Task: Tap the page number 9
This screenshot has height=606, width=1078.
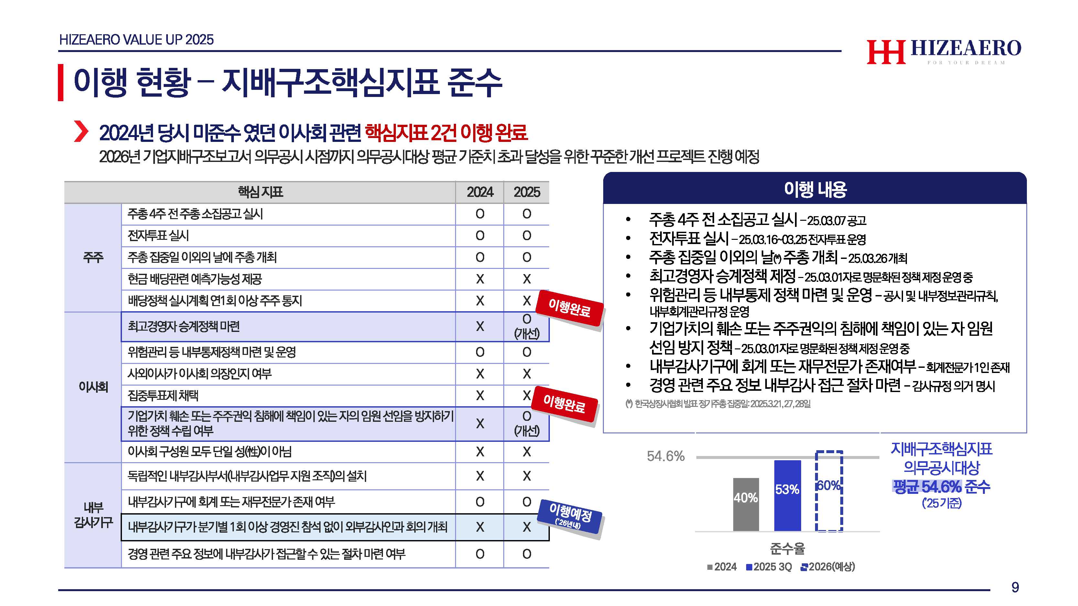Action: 1015,587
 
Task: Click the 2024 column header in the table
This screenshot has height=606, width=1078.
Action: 480,192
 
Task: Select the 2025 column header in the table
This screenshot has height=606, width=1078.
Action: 527,192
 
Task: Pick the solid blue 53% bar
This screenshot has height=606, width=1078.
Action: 787,495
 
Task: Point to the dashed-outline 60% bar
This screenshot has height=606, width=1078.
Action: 829,491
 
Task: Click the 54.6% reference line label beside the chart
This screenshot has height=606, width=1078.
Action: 665,456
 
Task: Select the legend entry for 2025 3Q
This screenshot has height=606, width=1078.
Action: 769,567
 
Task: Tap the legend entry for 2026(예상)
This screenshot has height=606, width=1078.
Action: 828,567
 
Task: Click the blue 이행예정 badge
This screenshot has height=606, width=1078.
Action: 570,516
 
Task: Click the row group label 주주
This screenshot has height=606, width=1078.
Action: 93,257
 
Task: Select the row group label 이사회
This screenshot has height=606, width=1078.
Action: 93,387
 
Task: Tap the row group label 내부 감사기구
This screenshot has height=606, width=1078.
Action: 93,515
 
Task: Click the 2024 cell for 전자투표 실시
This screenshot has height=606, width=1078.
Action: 480,236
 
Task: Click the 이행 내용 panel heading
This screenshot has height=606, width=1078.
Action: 815,189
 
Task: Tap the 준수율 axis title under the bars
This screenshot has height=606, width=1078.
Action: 787,548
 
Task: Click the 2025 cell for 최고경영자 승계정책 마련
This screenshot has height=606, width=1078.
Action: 527,326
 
